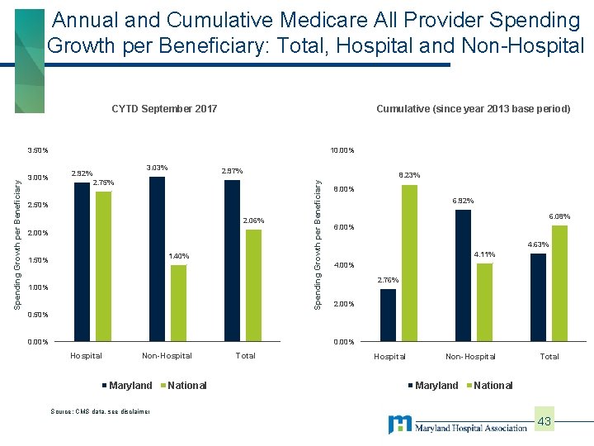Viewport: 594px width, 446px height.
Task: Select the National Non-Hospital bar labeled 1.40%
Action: tap(178, 303)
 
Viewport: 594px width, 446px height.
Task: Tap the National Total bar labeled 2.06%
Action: tap(253, 285)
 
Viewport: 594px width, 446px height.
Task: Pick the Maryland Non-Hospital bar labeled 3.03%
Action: tap(157, 259)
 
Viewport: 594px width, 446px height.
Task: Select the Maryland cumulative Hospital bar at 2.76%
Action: tap(388, 315)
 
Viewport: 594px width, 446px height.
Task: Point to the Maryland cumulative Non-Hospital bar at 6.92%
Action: tap(463, 275)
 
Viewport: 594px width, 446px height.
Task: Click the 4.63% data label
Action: tap(538, 244)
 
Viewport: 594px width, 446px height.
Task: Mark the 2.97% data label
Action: tap(232, 172)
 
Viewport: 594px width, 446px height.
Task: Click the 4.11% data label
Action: tap(483, 254)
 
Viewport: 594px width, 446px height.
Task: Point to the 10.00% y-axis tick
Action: tap(342, 151)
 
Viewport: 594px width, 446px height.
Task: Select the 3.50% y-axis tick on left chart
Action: tap(38, 151)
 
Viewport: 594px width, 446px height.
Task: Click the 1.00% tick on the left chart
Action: tap(38, 287)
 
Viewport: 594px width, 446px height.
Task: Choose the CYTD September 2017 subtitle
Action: tap(164, 109)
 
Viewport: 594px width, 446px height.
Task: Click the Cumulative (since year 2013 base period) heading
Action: tap(473, 109)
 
